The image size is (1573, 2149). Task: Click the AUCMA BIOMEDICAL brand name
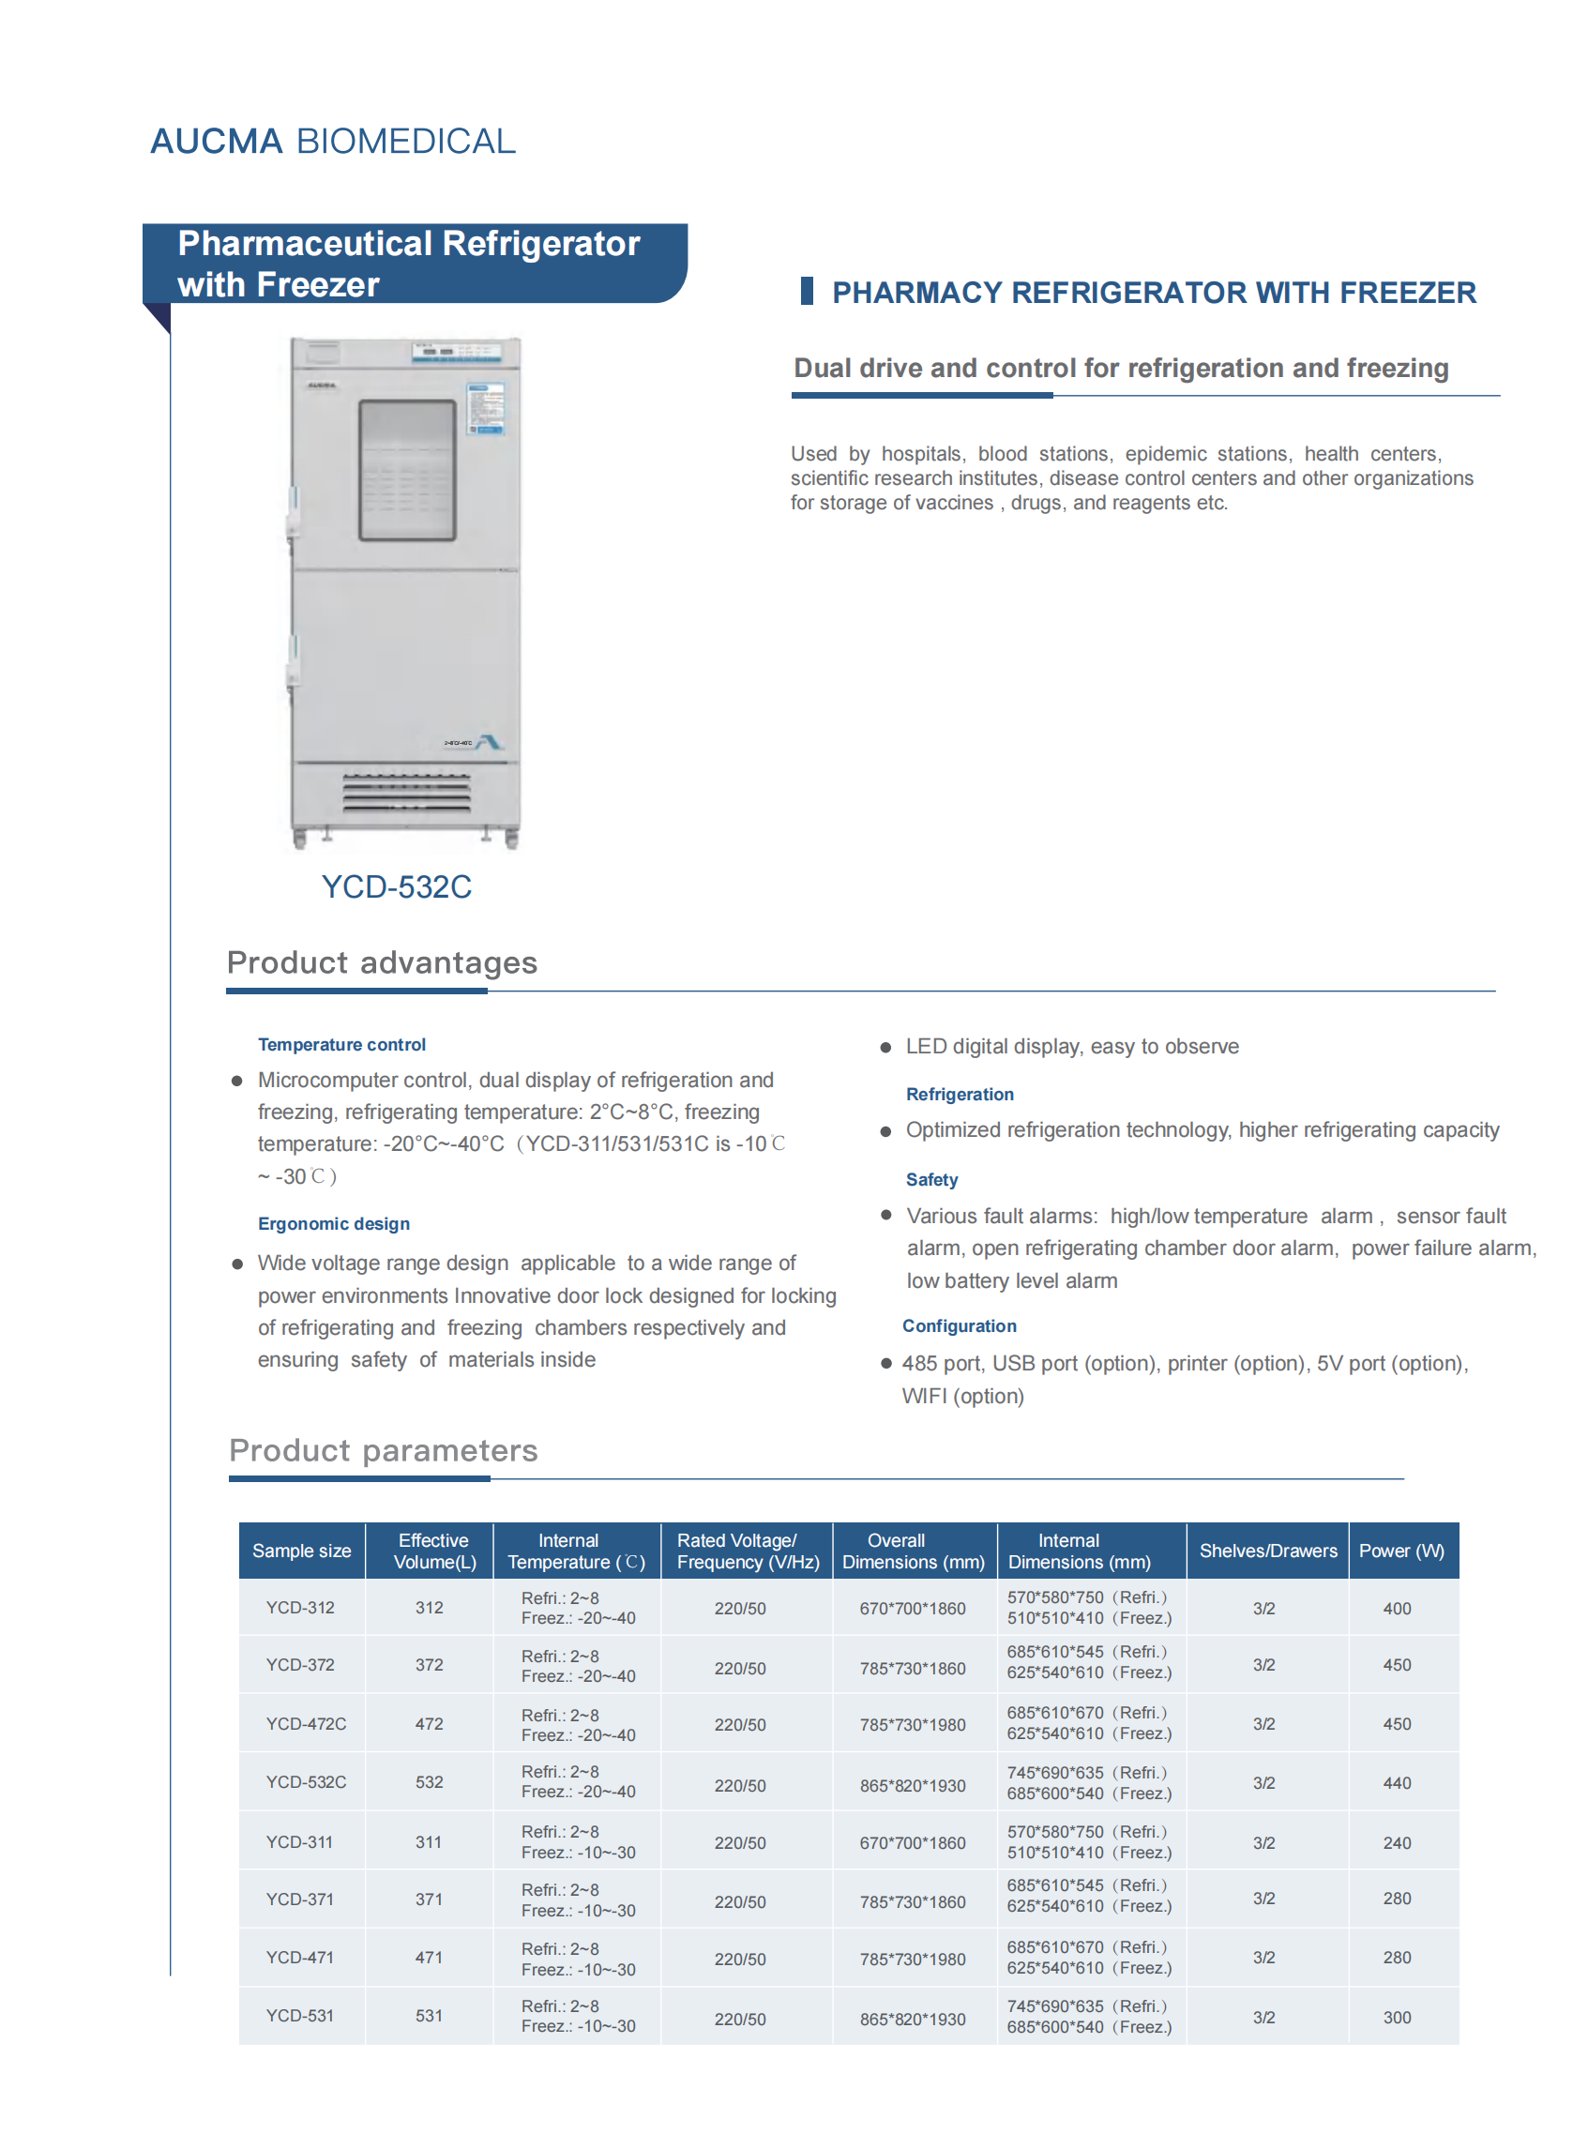pyautogui.click(x=332, y=141)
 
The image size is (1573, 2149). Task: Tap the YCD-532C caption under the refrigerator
pyautogui.click(x=396, y=886)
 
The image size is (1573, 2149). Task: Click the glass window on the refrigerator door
pyautogui.click(x=406, y=470)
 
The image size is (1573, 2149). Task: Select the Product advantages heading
pyautogui.click(x=382, y=962)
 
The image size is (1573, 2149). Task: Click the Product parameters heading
pyautogui.click(x=383, y=1450)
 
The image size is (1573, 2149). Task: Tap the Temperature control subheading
pyautogui.click(x=341, y=1045)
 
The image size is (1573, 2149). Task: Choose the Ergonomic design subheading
pyautogui.click(x=333, y=1223)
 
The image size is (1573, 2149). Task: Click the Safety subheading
pyautogui.click(x=931, y=1180)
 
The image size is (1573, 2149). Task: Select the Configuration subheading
pyautogui.click(x=959, y=1326)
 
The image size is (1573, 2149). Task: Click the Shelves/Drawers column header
pyautogui.click(x=1267, y=1551)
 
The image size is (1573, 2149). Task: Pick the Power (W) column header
pyautogui.click(x=1400, y=1551)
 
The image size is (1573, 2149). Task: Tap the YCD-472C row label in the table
pyautogui.click(x=306, y=1724)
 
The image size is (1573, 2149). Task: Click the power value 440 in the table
pyautogui.click(x=1397, y=1783)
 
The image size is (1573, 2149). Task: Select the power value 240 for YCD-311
pyautogui.click(x=1397, y=1843)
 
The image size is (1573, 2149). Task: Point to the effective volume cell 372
pyautogui.click(x=429, y=1665)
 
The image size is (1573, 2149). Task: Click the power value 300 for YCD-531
pyautogui.click(x=1397, y=2018)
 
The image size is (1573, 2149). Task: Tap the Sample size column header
pyautogui.click(x=301, y=1551)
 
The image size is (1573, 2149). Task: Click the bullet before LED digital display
pyautogui.click(x=885, y=1048)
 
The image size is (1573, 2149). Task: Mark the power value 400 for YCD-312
pyautogui.click(x=1397, y=1608)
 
